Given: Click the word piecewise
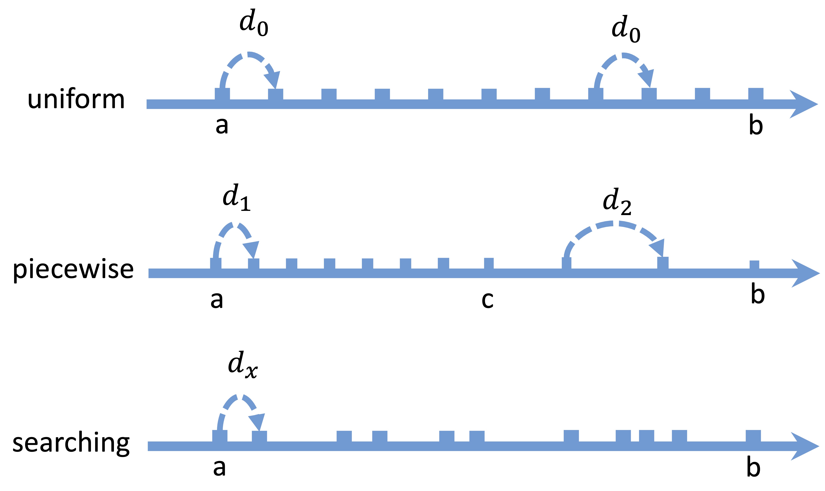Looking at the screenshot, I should tap(73, 270).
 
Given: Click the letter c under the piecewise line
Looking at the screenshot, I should tap(487, 300).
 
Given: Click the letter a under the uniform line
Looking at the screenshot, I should tap(222, 125).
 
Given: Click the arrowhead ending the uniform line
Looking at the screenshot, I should tap(805, 104).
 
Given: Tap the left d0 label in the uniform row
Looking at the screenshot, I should tap(254, 23).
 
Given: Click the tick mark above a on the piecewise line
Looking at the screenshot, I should tap(216, 264).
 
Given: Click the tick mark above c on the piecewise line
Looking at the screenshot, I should tap(488, 264).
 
